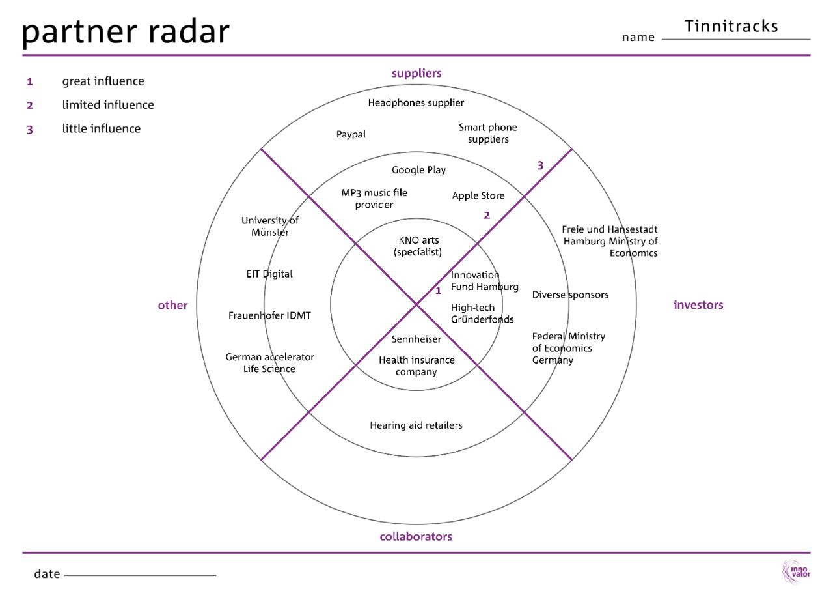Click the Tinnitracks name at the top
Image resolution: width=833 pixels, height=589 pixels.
(731, 26)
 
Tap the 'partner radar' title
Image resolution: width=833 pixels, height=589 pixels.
(126, 31)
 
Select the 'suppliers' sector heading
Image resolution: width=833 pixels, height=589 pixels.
(416, 73)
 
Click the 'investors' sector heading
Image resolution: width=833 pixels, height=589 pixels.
(698, 305)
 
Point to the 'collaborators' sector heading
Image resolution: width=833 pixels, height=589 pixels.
(416, 537)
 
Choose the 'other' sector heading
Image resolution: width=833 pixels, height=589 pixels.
(172, 305)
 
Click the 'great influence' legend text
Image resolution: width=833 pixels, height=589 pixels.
(103, 81)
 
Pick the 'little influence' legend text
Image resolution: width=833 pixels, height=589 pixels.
(101, 128)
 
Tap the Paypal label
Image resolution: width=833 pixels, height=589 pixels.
(351, 134)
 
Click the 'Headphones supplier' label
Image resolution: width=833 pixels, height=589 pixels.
(416, 102)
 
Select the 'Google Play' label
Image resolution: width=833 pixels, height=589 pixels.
(418, 170)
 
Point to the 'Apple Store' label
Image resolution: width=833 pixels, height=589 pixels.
(478, 195)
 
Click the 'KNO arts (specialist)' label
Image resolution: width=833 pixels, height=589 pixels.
(418, 246)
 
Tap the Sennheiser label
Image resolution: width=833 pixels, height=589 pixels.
(416, 339)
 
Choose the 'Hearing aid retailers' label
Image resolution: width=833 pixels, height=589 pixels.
(416, 425)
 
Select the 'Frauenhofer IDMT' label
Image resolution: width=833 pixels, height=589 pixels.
(269, 315)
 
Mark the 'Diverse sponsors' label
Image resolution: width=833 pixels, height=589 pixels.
(570, 294)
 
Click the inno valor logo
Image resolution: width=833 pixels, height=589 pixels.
(796, 571)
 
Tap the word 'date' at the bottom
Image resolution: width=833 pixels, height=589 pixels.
(47, 574)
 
